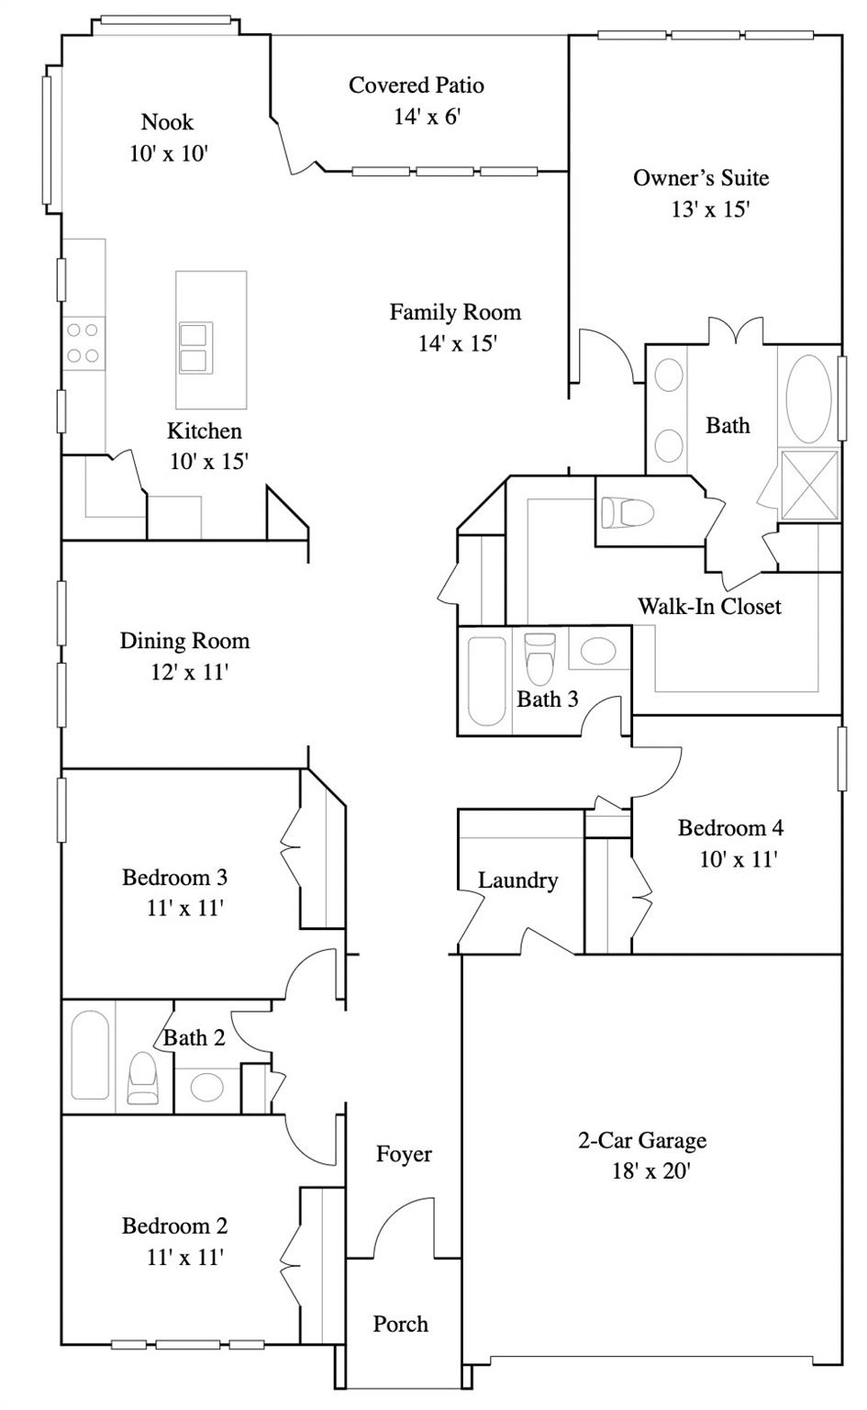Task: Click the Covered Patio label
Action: (416, 85)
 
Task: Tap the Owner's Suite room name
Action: (701, 178)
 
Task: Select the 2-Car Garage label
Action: (642, 1140)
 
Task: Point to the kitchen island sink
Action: (195, 348)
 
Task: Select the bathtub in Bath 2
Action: (90, 1055)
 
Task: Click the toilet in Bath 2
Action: (142, 1078)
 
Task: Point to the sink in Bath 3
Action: (599, 652)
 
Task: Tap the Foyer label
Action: (404, 1154)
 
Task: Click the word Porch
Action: (400, 1324)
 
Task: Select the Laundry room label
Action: (517, 880)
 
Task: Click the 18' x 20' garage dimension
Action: (650, 1171)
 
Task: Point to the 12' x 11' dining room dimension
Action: (188, 672)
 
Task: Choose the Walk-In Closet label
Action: (709, 606)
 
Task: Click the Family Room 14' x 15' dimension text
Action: (457, 343)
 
